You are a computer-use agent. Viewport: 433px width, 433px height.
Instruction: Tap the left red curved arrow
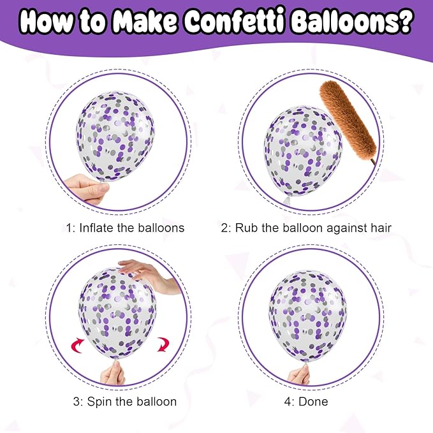pos(78,346)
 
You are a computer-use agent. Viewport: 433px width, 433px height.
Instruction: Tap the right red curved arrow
pos(163,344)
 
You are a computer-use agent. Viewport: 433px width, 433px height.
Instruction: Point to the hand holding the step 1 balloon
pos(86,188)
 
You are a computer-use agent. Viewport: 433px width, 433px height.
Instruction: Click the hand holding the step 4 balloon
pos(299,374)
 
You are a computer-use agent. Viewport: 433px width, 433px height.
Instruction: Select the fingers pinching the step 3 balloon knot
pos(114,373)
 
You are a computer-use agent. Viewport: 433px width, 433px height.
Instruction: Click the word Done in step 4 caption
pos(313,402)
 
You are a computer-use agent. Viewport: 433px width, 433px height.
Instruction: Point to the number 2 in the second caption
pos(224,228)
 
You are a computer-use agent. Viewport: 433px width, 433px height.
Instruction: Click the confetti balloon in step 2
pos(303,151)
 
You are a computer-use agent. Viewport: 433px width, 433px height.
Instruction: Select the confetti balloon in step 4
pos(307,316)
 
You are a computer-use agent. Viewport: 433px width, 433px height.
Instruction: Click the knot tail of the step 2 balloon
pos(287,200)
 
